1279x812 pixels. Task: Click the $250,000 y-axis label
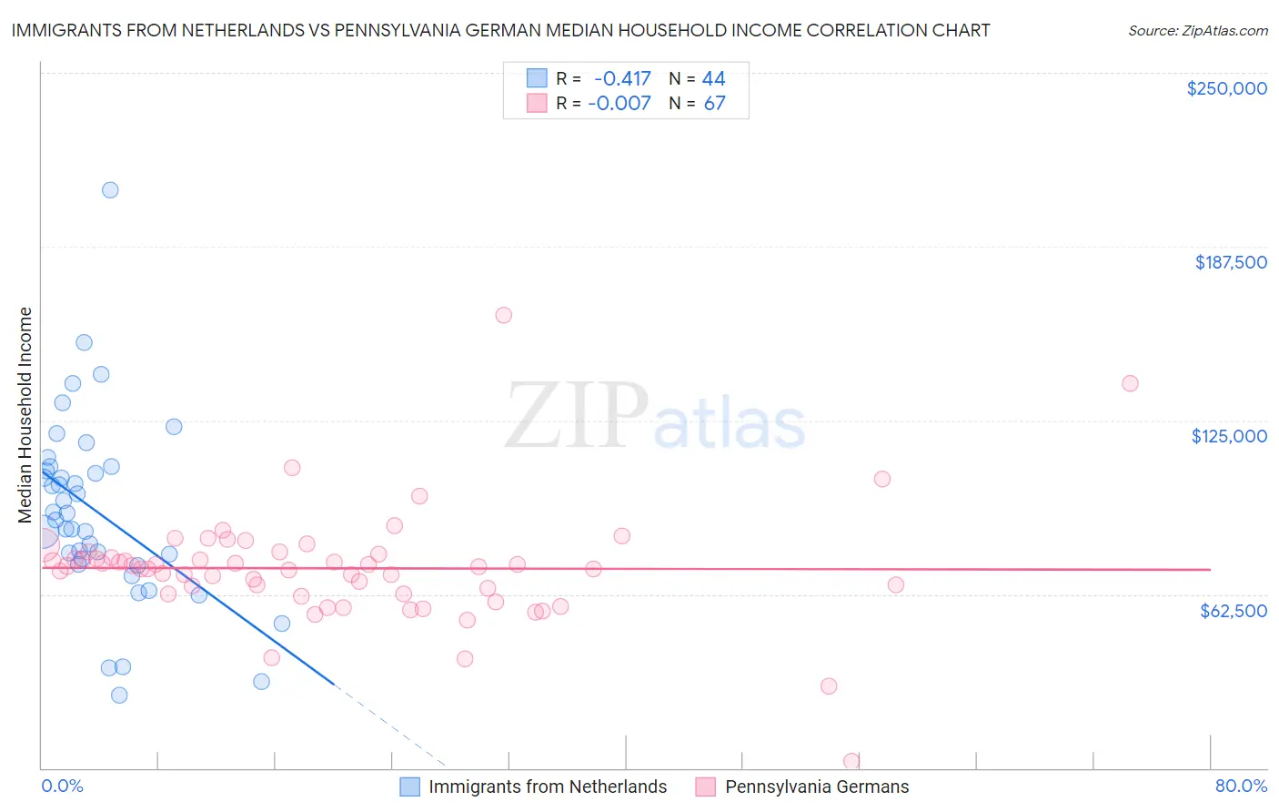click(1226, 88)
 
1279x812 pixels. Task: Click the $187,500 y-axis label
click(1230, 262)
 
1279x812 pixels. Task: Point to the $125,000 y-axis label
click(1229, 436)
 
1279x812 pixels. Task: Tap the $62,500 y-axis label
click(1233, 611)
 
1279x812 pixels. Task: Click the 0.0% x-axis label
click(62, 786)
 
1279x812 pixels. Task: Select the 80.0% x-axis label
click(1241, 786)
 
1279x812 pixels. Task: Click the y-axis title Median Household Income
click(25, 415)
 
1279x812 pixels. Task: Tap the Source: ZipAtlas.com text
click(1197, 30)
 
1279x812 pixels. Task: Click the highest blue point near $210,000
click(110, 190)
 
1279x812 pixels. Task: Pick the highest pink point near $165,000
click(503, 315)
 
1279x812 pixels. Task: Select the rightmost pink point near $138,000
click(1130, 383)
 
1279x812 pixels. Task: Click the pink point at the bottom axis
click(851, 761)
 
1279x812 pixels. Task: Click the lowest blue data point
click(119, 695)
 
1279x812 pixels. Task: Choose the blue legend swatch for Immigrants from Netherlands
click(410, 787)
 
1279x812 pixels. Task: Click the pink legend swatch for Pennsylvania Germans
click(706, 787)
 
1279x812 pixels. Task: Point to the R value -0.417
click(622, 78)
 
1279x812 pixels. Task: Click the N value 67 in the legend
click(714, 103)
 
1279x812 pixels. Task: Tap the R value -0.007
click(619, 103)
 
